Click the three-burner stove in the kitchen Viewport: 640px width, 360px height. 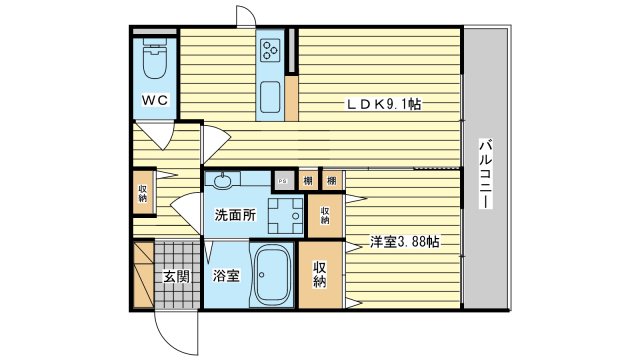pos(271,51)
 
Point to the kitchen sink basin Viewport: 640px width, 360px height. pos(271,97)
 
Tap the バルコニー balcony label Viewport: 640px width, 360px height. pos(485,172)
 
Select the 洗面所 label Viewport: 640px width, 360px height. pos(235,214)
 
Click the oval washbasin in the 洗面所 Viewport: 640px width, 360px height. pos(222,181)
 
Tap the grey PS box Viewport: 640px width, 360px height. pos(284,180)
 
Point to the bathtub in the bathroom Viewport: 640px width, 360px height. pos(270,276)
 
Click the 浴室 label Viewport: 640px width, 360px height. pos(225,276)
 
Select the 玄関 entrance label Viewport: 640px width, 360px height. pos(177,276)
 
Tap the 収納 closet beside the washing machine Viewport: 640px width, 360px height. pos(325,214)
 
